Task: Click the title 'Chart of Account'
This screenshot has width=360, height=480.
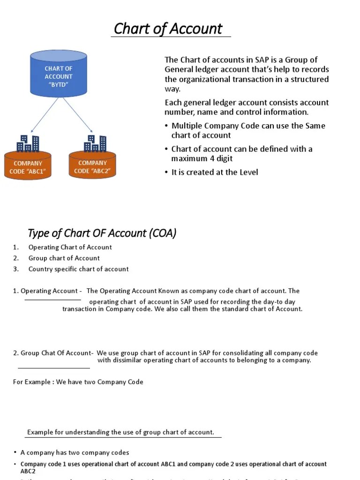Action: pos(168,29)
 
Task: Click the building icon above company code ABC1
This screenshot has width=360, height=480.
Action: pos(28,144)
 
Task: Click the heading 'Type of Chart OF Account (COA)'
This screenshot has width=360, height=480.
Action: pos(102,233)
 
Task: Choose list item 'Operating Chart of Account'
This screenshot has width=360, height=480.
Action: pos(70,247)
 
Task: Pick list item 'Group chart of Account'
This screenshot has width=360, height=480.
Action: pos(64,258)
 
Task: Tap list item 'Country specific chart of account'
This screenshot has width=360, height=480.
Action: pos(78,269)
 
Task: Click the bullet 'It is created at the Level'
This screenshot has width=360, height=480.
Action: pos(214,172)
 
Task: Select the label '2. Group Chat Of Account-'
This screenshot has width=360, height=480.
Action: pos(53,353)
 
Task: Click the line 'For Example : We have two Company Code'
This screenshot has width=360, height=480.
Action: pos(78,382)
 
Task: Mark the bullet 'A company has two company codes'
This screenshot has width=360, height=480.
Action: pos(75,452)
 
